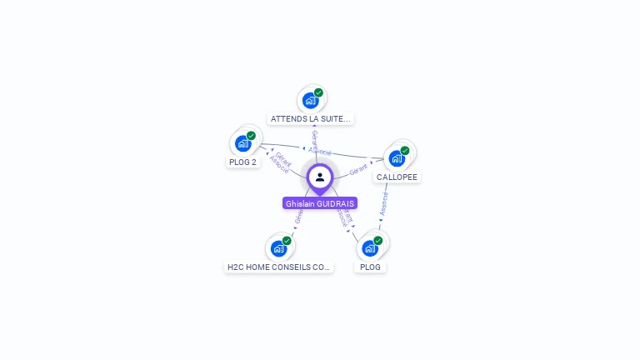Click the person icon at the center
320,177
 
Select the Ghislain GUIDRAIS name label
320,203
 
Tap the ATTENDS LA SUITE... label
312,119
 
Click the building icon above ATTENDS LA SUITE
310,101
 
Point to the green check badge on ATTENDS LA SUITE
318,92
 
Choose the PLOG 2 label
243,162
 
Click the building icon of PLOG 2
242,143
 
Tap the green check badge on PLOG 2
251,136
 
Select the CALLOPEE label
397,177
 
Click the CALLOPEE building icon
396,158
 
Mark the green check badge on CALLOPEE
405,151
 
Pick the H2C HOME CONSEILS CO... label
278,267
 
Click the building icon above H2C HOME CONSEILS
278,248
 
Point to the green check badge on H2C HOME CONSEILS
287,241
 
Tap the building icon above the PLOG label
369,248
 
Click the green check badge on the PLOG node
377,241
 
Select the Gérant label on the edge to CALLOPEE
358,170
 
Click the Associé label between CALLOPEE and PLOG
384,205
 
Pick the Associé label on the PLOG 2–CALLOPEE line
321,152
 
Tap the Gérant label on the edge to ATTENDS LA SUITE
314,139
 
